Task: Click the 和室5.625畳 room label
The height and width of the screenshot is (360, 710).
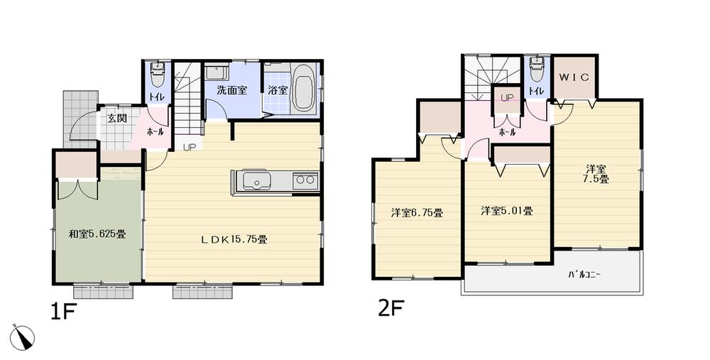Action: click(x=97, y=233)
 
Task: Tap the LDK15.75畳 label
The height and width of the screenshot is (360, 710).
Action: click(x=233, y=239)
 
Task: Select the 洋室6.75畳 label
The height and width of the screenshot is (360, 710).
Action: click(x=417, y=212)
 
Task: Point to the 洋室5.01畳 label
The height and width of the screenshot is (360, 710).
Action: click(x=507, y=210)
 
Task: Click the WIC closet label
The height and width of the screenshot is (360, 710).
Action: click(x=574, y=77)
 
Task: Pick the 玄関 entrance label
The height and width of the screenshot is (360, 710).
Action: click(x=117, y=119)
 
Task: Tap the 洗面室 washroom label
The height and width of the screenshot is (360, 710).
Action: click(x=231, y=90)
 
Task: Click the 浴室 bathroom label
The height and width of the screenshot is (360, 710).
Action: click(x=278, y=90)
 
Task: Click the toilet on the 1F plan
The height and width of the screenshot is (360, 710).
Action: click(x=158, y=73)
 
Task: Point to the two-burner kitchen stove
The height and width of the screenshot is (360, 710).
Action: click(x=305, y=180)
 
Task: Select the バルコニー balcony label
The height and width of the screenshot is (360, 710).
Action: click(x=584, y=274)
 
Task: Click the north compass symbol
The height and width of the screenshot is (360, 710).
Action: click(x=23, y=336)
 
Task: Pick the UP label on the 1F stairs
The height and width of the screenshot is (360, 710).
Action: click(x=190, y=148)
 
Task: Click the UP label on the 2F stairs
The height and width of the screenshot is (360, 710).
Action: click(x=508, y=97)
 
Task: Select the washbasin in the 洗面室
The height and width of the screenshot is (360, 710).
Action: click(x=215, y=72)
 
